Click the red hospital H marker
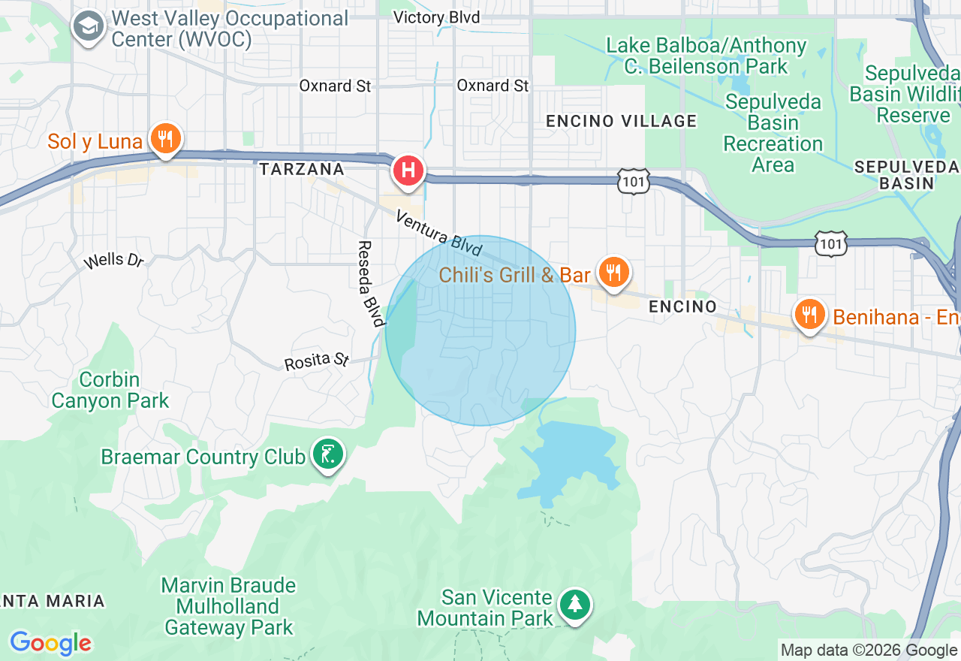(408, 170)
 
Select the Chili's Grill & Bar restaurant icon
(614, 273)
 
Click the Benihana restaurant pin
(809, 315)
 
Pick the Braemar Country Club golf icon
(328, 454)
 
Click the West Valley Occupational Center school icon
(89, 28)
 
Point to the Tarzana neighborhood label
(301, 170)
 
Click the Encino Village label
(621, 121)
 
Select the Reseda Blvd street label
(369, 284)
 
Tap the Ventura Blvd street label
(438, 233)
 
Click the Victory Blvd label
(436, 17)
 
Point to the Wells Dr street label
(113, 261)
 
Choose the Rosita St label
(316, 361)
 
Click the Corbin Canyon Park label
(110, 391)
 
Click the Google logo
(50, 643)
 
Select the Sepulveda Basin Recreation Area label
(773, 133)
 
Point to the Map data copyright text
(868, 650)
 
